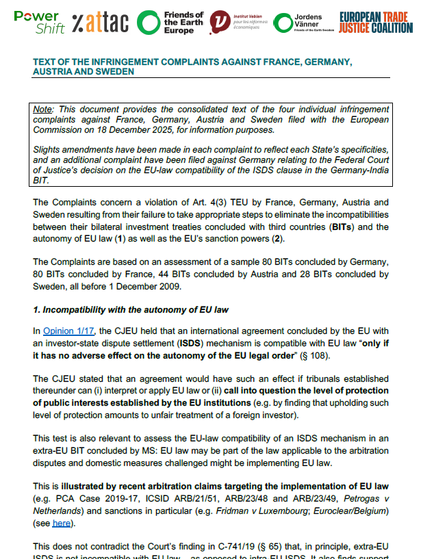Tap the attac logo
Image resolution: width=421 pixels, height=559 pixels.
[x=99, y=23]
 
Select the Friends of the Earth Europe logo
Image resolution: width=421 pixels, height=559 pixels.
[x=171, y=23]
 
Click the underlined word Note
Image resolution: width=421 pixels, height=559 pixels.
[x=47, y=109]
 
